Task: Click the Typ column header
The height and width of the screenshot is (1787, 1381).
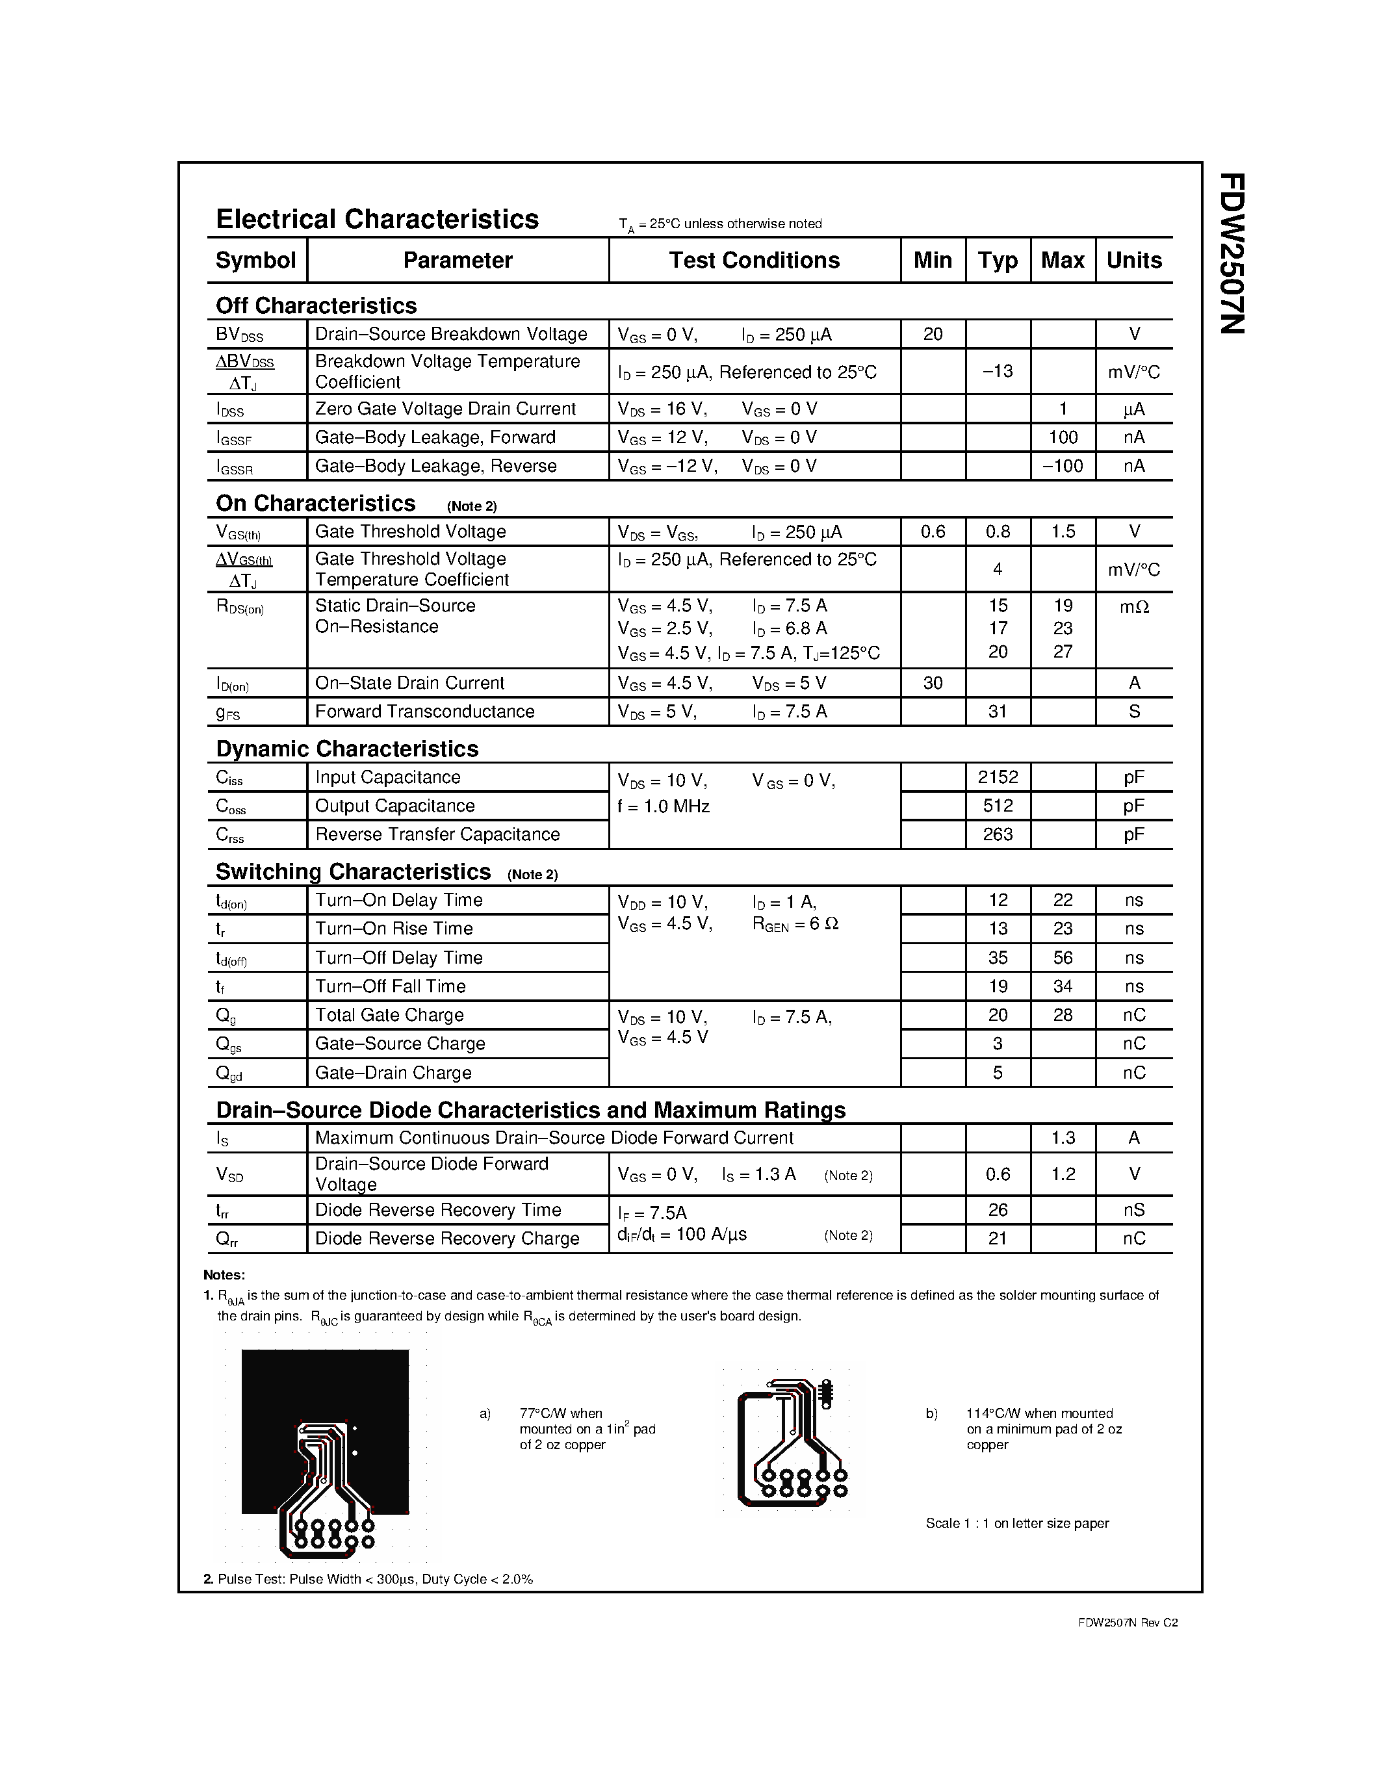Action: [x=998, y=260]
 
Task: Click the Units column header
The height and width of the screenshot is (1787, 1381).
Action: [x=1133, y=260]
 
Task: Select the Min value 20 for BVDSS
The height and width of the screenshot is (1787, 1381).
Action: [x=933, y=334]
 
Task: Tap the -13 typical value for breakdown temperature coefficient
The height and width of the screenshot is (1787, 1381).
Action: [x=998, y=372]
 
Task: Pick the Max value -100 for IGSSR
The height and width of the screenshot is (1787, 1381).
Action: [x=1062, y=465]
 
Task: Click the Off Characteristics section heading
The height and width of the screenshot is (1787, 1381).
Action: [x=316, y=305]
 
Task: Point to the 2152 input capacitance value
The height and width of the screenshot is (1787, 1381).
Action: [x=998, y=777]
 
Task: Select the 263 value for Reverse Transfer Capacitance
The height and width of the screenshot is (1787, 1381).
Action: [x=998, y=834]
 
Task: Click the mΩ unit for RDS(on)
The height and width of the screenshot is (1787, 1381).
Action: [x=1134, y=606]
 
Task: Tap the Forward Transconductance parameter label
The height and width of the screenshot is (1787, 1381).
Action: [x=424, y=712]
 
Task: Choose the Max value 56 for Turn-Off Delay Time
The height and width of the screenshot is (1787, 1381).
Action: [x=1062, y=957]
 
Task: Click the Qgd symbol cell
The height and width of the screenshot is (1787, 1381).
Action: [x=229, y=1073]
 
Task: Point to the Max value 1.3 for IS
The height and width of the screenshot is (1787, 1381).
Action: [x=1062, y=1138]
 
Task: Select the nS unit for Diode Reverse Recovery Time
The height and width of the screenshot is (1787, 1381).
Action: [x=1134, y=1210]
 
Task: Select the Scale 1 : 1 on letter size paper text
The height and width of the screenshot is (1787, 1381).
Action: [x=1017, y=1523]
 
